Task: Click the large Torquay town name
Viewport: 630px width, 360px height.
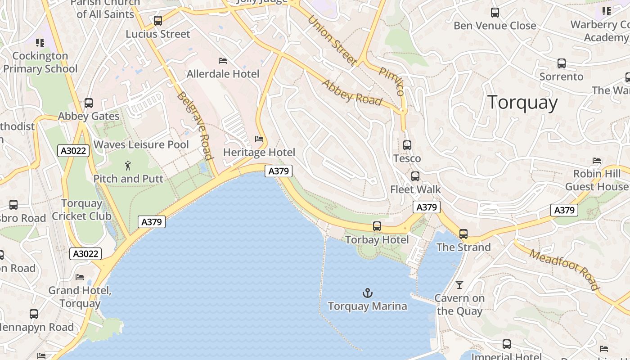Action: click(522, 103)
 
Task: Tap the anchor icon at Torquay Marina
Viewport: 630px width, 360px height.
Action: click(368, 293)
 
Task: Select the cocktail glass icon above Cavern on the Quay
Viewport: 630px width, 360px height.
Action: click(459, 284)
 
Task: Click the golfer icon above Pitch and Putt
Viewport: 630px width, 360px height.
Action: click(128, 166)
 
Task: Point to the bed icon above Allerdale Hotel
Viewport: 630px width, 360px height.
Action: click(223, 61)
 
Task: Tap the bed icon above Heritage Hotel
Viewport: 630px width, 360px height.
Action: click(259, 139)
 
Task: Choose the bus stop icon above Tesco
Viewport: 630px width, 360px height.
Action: click(407, 145)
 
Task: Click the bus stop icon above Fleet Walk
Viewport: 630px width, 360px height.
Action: click(415, 176)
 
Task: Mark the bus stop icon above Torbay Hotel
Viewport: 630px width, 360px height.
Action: click(377, 226)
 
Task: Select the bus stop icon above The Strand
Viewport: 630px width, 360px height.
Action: click(463, 234)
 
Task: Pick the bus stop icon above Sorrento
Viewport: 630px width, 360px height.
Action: click(561, 63)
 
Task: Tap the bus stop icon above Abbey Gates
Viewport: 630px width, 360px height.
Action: click(89, 103)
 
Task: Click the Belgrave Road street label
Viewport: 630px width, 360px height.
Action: click(195, 126)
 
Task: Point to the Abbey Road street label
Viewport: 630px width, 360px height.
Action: click(351, 93)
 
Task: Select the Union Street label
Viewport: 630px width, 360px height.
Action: click(332, 40)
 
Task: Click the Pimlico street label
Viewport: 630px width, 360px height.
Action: click(391, 81)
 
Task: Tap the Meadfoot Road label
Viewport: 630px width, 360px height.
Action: click(564, 269)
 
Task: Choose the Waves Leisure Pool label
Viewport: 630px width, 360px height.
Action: click(141, 144)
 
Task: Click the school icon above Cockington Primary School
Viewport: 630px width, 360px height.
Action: click(40, 43)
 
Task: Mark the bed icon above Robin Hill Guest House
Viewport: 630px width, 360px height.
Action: click(597, 161)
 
